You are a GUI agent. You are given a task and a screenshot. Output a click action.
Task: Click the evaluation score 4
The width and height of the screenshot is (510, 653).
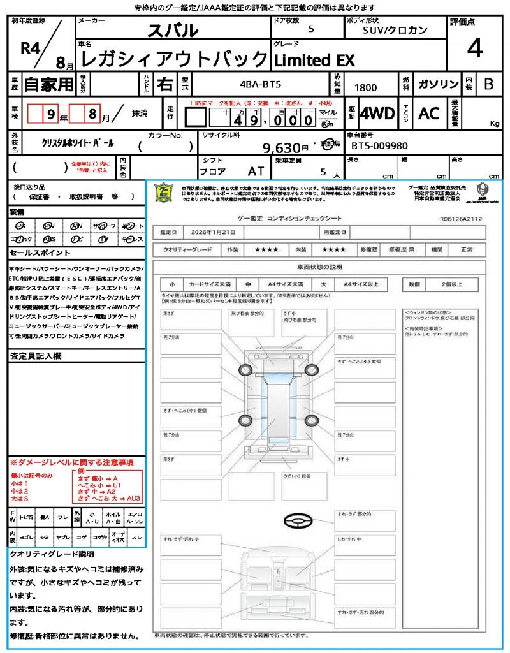[x=474, y=48]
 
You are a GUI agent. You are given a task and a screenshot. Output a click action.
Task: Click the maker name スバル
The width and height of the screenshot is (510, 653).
[x=173, y=30]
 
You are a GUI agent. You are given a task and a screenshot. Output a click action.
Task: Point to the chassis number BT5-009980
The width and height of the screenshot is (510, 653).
[x=379, y=146]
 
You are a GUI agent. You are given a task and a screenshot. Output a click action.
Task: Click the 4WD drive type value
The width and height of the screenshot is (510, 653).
[x=377, y=114]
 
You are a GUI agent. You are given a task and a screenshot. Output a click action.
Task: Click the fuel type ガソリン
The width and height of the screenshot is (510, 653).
[x=438, y=84]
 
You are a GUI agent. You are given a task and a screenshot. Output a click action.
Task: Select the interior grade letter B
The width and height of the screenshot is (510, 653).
[x=488, y=84]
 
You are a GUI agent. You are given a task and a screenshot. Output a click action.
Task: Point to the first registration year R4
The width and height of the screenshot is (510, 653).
[x=29, y=48]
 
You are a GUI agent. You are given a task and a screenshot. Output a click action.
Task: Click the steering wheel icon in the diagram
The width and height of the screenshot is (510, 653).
[x=296, y=520]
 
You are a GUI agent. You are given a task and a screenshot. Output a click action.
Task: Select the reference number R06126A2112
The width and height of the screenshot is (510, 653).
[x=461, y=218]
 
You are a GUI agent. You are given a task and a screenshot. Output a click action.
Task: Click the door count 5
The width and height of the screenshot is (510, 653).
[x=310, y=29]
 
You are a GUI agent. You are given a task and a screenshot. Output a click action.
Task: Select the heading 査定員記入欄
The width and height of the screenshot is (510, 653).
[x=36, y=356]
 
